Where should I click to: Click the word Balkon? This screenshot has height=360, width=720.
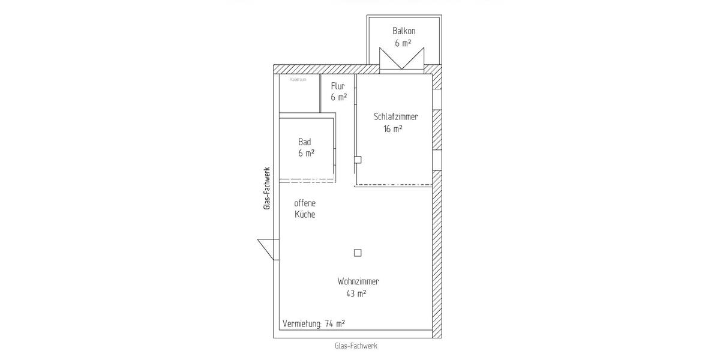(404, 31)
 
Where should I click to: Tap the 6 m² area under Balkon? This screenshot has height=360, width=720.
(403, 43)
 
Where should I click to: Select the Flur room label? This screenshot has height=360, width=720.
(338, 86)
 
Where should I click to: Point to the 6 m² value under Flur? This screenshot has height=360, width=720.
(338, 97)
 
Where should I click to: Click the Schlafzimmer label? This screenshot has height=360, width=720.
(395, 117)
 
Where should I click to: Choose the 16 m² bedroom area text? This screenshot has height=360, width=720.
(393, 128)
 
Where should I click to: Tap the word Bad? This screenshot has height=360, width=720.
(305, 142)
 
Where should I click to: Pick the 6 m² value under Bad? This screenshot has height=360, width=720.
(306, 154)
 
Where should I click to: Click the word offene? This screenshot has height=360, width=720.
(305, 203)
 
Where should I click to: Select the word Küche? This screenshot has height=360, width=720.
(305, 214)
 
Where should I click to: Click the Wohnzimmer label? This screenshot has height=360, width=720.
(358, 281)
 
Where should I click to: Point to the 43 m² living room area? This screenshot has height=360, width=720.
(356, 293)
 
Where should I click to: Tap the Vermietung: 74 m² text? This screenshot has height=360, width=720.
(314, 324)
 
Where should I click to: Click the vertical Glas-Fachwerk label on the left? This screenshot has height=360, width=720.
(267, 188)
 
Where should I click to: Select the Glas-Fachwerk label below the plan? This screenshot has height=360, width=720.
(356, 346)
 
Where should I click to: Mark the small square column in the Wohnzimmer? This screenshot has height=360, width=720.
(358, 253)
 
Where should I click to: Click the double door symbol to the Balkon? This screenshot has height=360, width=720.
(403, 59)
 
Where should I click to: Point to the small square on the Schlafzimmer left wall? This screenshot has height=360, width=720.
(358, 160)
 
